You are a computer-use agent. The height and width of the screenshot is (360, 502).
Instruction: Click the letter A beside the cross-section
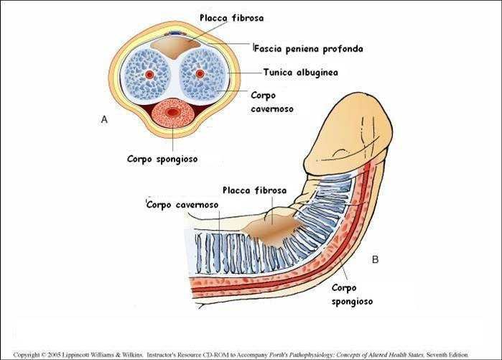pyautogui.click(x=104, y=120)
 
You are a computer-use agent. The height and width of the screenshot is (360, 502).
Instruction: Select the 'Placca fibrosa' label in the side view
pyautogui.click(x=255, y=190)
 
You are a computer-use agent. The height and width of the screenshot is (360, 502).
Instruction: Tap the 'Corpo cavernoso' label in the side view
pyautogui.click(x=183, y=205)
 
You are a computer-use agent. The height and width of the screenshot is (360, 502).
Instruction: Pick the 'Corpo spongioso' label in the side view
pyautogui.click(x=352, y=295)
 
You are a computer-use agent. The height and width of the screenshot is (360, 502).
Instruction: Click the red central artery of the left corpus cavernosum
pyautogui.click(x=149, y=74)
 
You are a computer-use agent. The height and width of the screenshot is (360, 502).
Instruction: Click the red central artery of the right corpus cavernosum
pyautogui.click(x=200, y=74)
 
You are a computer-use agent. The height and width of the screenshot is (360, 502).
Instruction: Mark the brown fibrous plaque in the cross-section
pyautogui.click(x=175, y=48)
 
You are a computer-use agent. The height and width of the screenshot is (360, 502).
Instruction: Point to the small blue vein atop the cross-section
pyautogui.click(x=175, y=34)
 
